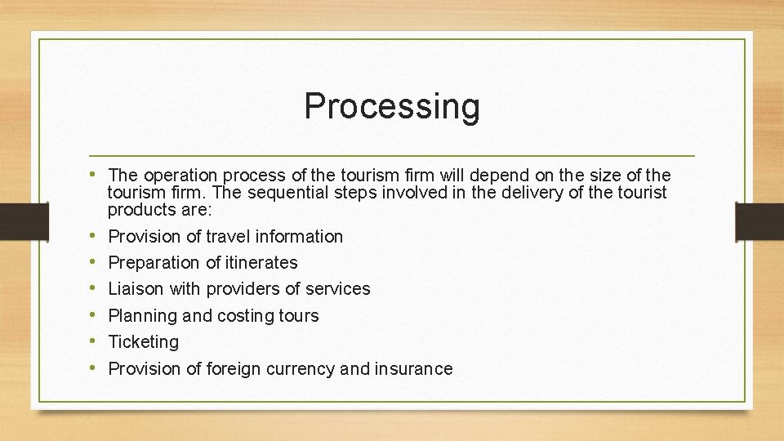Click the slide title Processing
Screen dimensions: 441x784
click(x=392, y=106)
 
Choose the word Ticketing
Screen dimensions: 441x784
click(x=143, y=342)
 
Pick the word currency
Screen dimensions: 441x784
click(x=299, y=369)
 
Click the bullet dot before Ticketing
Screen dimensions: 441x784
click(x=95, y=341)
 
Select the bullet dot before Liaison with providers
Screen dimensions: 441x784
click(x=95, y=288)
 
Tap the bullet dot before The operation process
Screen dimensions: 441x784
click(x=95, y=174)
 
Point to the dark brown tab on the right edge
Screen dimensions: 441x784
click(x=759, y=220)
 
